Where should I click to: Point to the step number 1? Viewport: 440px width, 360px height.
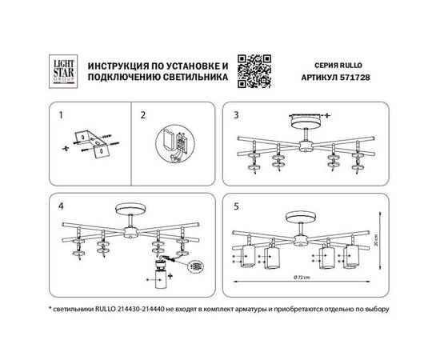[62, 115]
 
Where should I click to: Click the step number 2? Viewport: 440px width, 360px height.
[143, 115]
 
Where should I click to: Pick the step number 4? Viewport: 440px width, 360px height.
[62, 206]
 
